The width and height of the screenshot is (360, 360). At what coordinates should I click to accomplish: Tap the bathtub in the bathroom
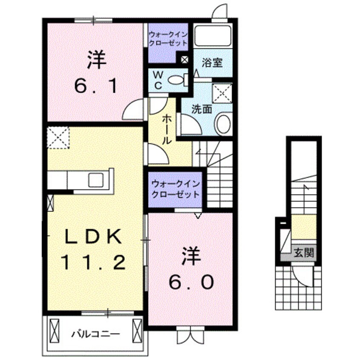coord(212,36)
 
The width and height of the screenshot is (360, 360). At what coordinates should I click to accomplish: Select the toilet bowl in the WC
coord(175,79)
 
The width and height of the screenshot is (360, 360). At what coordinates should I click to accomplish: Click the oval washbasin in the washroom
coord(223,124)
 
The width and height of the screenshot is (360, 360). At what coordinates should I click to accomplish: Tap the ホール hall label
coord(166,130)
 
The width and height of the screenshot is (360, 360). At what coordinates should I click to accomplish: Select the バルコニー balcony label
coord(94,333)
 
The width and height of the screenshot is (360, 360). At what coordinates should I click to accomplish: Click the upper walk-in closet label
coord(168,39)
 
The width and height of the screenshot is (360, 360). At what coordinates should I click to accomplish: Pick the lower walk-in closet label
coord(175,190)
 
